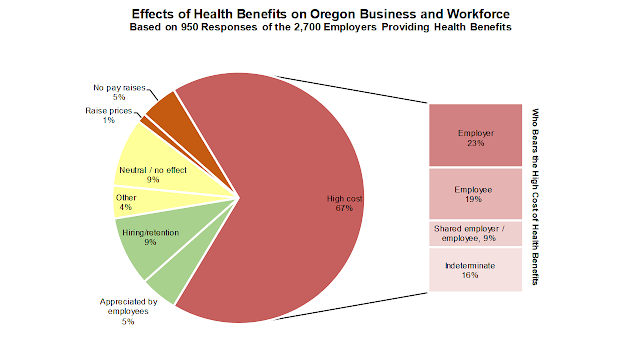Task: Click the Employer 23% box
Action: tap(476, 135)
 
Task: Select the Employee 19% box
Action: tap(476, 194)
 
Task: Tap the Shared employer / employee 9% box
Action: tap(476, 233)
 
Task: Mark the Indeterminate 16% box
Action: tap(476, 270)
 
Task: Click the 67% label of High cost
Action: tap(344, 208)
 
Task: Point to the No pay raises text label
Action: tap(119, 88)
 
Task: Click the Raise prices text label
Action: tap(109, 111)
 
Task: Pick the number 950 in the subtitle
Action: tap(189, 27)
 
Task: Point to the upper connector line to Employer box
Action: tap(351, 89)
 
